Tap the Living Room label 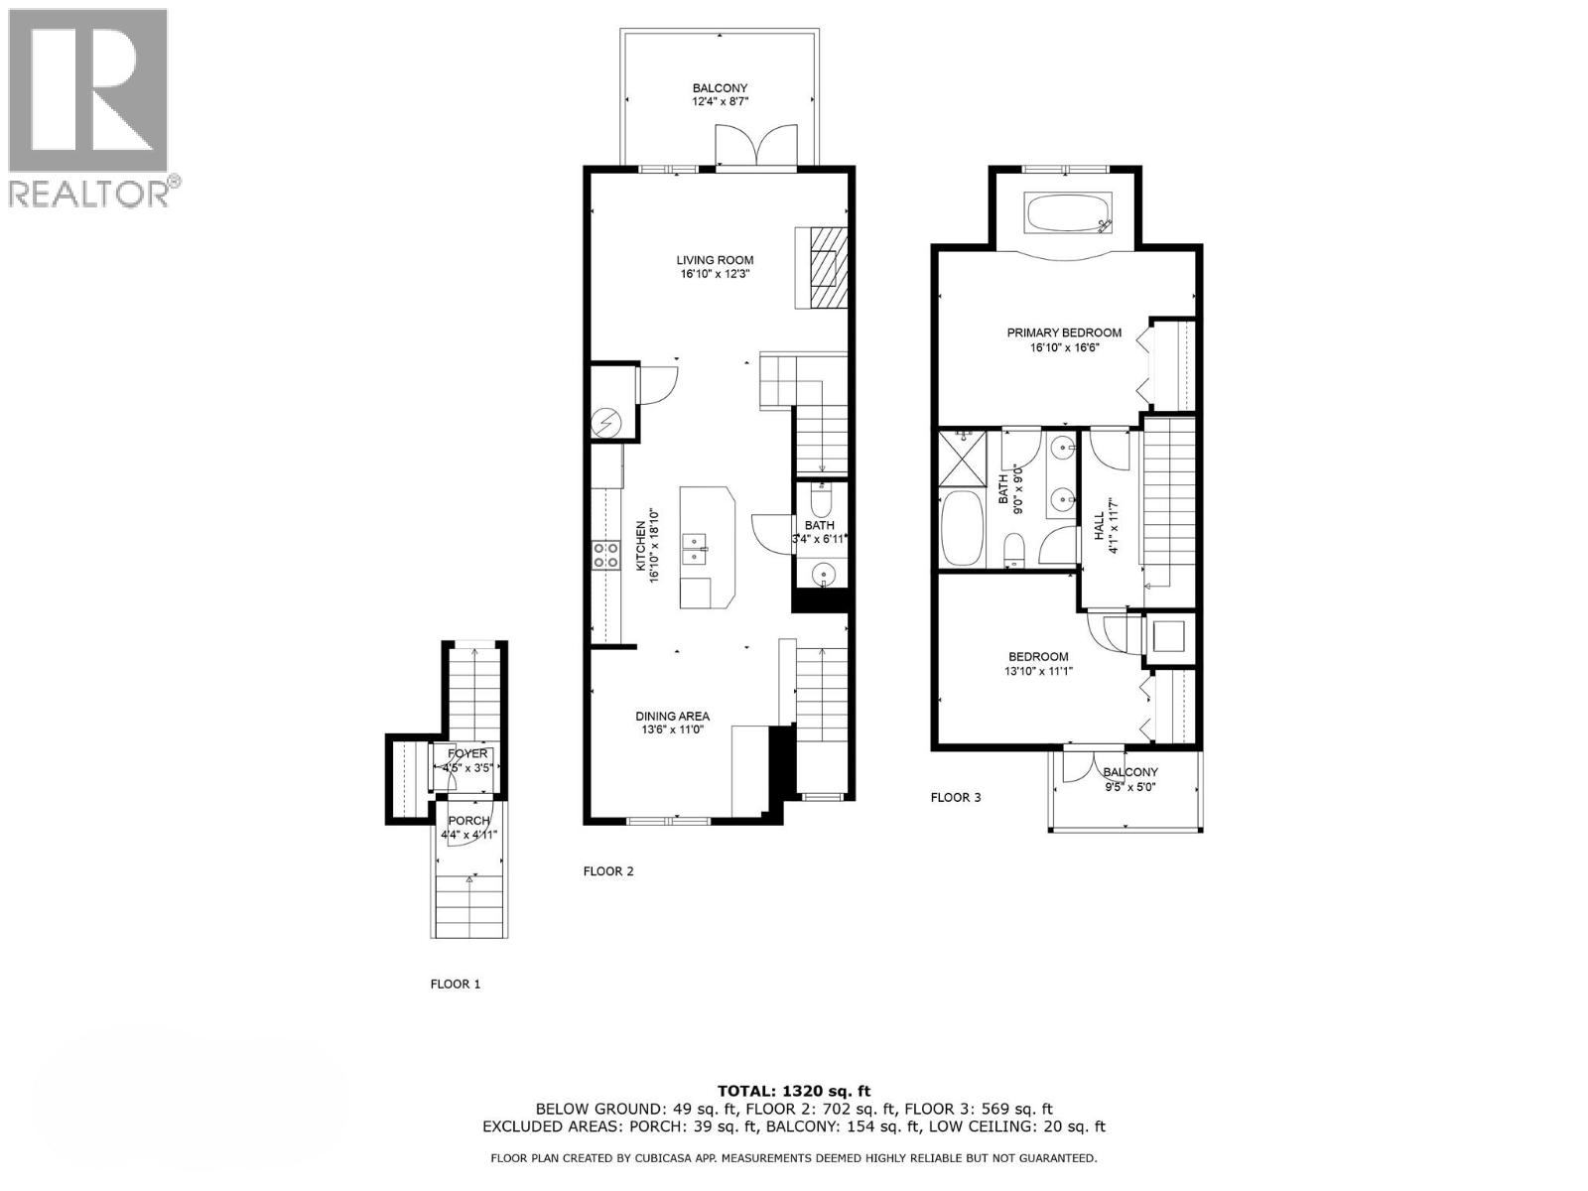[x=709, y=267]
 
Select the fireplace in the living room [x=823, y=269]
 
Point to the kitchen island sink [x=694, y=549]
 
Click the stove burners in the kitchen [x=604, y=555]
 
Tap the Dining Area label [x=672, y=723]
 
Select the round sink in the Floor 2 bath [x=823, y=574]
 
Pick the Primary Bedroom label [x=1064, y=339]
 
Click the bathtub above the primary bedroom [x=1069, y=213]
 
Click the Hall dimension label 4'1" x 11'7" [x=1113, y=525]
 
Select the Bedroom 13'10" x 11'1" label [x=1038, y=663]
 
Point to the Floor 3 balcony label [x=1129, y=779]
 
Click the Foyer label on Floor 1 [x=467, y=760]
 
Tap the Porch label [x=468, y=827]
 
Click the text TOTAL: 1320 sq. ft [x=793, y=1091]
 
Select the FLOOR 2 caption [x=607, y=871]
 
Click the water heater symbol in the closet [x=603, y=424]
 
